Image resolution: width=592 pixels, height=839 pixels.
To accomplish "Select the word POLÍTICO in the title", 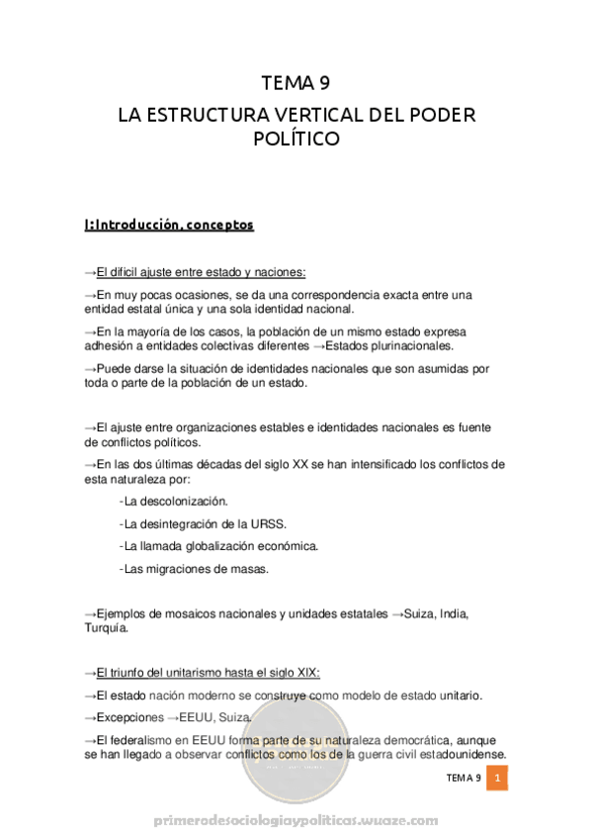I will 296,139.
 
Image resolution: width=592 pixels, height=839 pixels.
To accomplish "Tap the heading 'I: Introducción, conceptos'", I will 169,225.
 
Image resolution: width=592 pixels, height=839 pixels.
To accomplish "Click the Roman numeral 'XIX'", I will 306,672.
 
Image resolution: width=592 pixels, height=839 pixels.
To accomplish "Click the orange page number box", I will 498,780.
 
